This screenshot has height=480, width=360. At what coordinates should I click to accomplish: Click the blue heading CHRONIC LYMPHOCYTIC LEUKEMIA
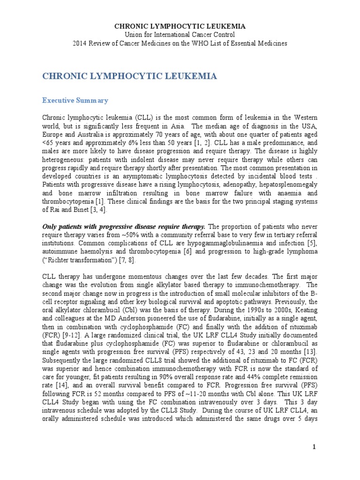point(130,76)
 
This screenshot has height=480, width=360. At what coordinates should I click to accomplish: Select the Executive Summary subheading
point(75,100)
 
